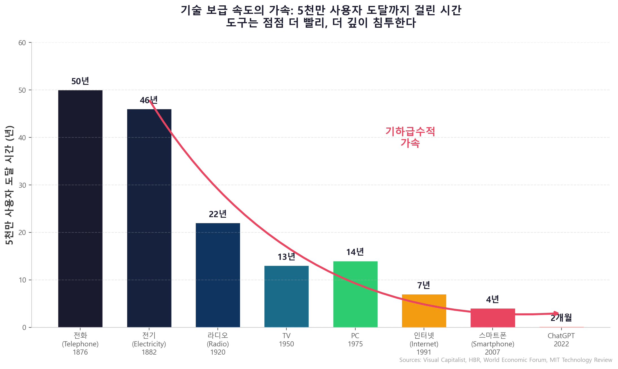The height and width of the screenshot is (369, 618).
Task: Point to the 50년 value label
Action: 80,81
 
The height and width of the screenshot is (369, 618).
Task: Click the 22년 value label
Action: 218,214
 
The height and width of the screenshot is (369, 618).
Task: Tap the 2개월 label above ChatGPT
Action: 561,318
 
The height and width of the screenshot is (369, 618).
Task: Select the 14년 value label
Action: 355,252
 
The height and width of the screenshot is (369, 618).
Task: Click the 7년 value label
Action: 424,285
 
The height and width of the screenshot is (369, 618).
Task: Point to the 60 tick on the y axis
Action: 22,43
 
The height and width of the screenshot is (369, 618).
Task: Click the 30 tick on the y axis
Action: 22,185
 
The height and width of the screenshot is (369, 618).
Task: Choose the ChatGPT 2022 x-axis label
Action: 561,340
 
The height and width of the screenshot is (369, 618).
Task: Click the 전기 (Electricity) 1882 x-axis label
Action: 149,344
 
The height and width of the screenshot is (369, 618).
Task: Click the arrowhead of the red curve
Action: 556,314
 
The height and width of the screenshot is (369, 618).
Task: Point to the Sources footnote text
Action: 506,360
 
